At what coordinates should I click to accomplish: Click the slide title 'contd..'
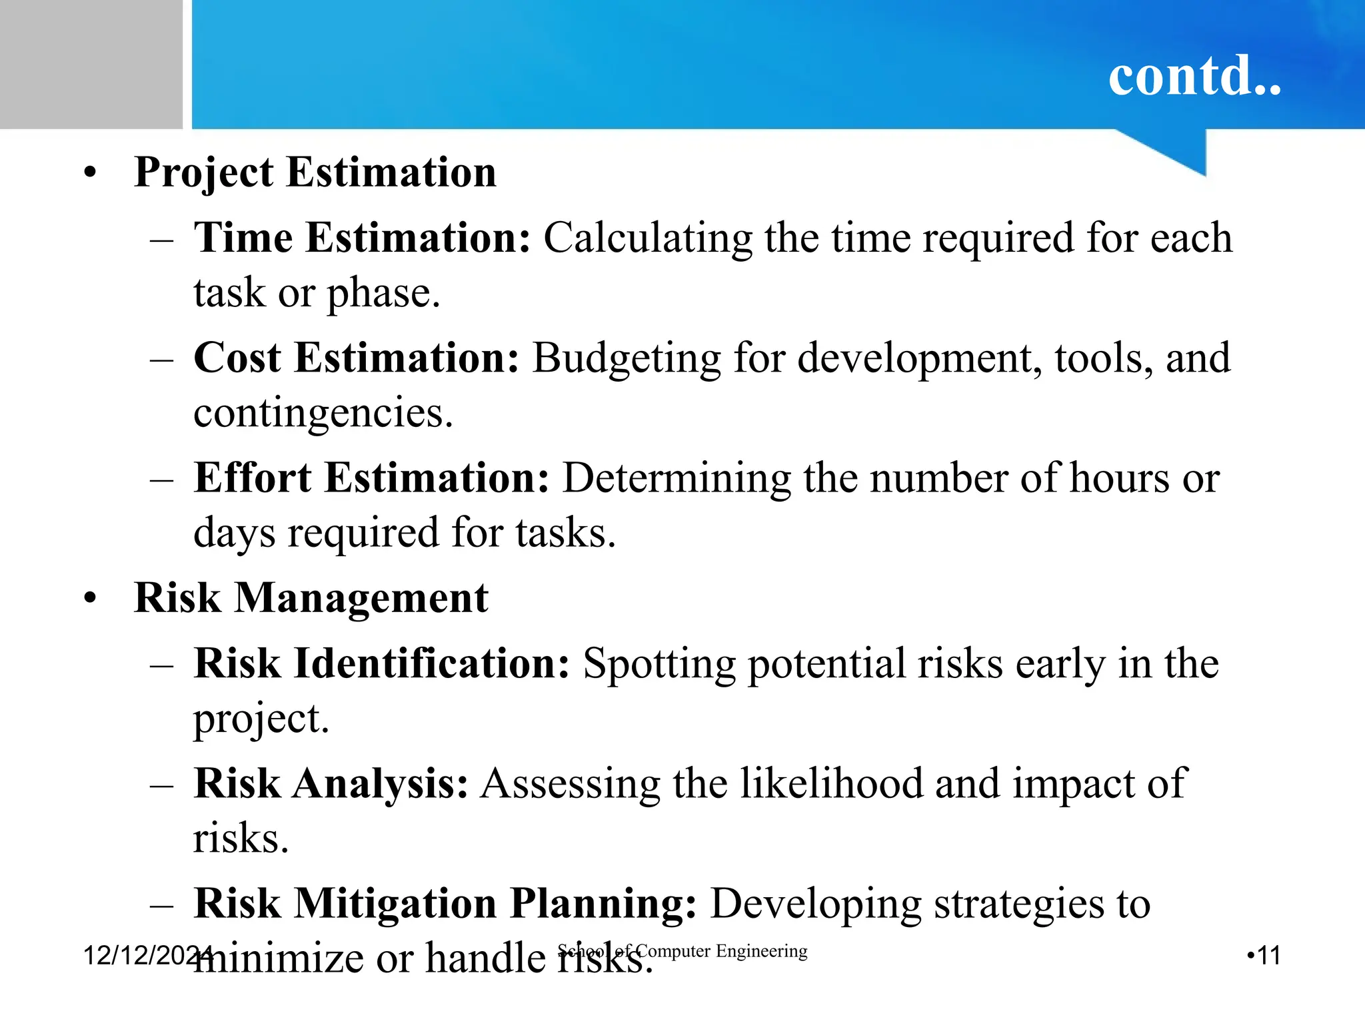pyautogui.click(x=1194, y=76)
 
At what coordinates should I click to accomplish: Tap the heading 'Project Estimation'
pyautogui.click(x=315, y=172)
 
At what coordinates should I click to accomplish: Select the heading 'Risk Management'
pyautogui.click(x=311, y=597)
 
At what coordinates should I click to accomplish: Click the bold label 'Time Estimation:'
pyautogui.click(x=362, y=238)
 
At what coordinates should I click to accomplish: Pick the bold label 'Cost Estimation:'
pyautogui.click(x=356, y=358)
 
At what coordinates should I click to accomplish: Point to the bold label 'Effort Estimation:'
pyautogui.click(x=371, y=478)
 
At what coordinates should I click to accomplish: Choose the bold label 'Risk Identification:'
pyautogui.click(x=381, y=663)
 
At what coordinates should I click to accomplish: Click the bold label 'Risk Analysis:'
pyautogui.click(x=331, y=783)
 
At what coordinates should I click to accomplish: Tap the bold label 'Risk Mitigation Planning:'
pyautogui.click(x=445, y=904)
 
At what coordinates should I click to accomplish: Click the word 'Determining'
pyautogui.click(x=677, y=479)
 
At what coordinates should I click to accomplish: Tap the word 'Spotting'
pyautogui.click(x=659, y=665)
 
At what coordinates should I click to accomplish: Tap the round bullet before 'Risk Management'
pyautogui.click(x=90, y=598)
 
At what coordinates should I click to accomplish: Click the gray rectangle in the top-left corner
pyautogui.click(x=91, y=64)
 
